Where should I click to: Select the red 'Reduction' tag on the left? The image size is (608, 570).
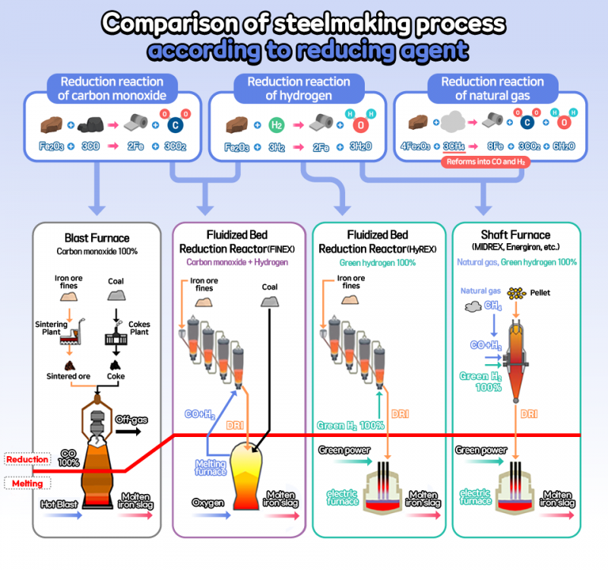26,460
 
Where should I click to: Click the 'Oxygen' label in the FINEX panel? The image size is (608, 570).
208,503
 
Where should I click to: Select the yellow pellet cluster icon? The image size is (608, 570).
518,293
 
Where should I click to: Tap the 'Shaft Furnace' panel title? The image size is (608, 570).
517,236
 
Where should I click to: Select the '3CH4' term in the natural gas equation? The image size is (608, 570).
454,147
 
